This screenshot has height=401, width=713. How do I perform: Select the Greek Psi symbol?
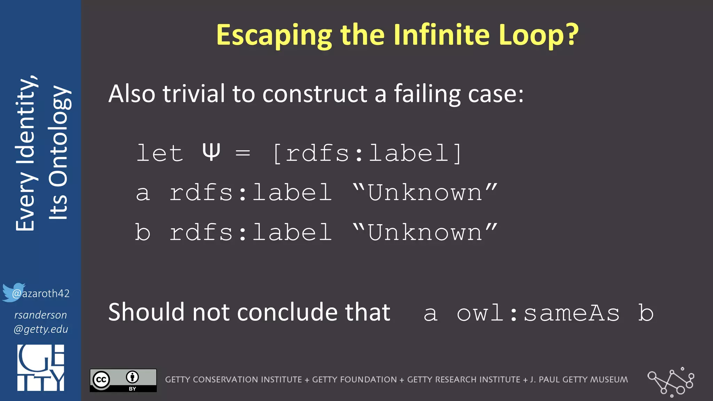(x=211, y=152)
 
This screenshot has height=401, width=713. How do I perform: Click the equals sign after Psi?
(x=243, y=153)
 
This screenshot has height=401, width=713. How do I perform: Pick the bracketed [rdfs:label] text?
(x=367, y=153)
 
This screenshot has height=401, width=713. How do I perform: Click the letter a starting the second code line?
(x=143, y=193)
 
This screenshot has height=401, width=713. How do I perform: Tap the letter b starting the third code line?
(x=143, y=232)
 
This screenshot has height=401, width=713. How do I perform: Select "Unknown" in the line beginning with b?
(x=425, y=232)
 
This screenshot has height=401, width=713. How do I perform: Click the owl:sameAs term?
(x=538, y=313)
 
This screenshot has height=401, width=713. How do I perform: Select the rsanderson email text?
(x=41, y=322)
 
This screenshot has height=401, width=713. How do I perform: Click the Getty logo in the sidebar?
(x=41, y=368)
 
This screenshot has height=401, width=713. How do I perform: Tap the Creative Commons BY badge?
(x=123, y=380)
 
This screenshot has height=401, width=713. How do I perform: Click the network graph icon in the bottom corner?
(x=671, y=382)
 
